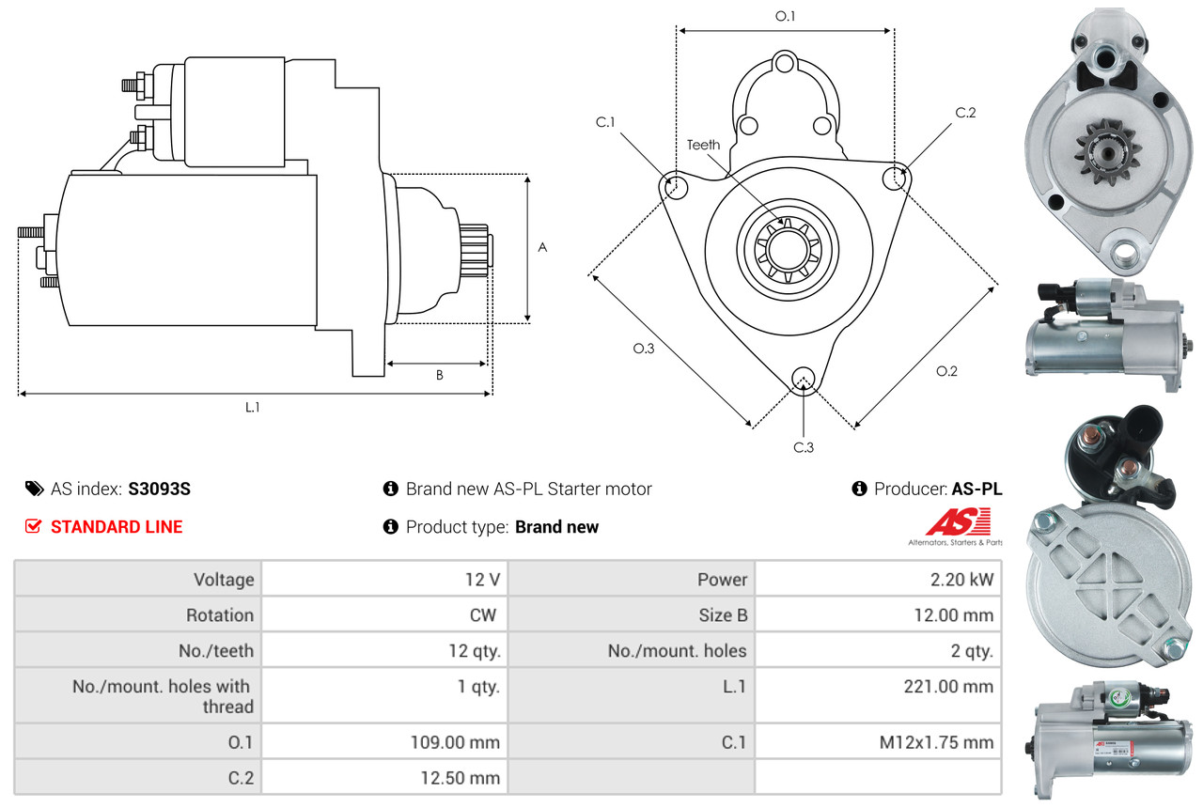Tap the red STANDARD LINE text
[117, 527]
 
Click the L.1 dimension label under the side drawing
[253, 408]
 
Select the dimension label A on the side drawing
[542, 248]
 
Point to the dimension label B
[439, 376]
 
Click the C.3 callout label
[803, 447]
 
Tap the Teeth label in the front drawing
[703, 145]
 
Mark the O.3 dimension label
[643, 349]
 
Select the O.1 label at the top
[785, 16]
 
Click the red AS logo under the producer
[956, 521]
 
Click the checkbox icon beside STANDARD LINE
[33, 527]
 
